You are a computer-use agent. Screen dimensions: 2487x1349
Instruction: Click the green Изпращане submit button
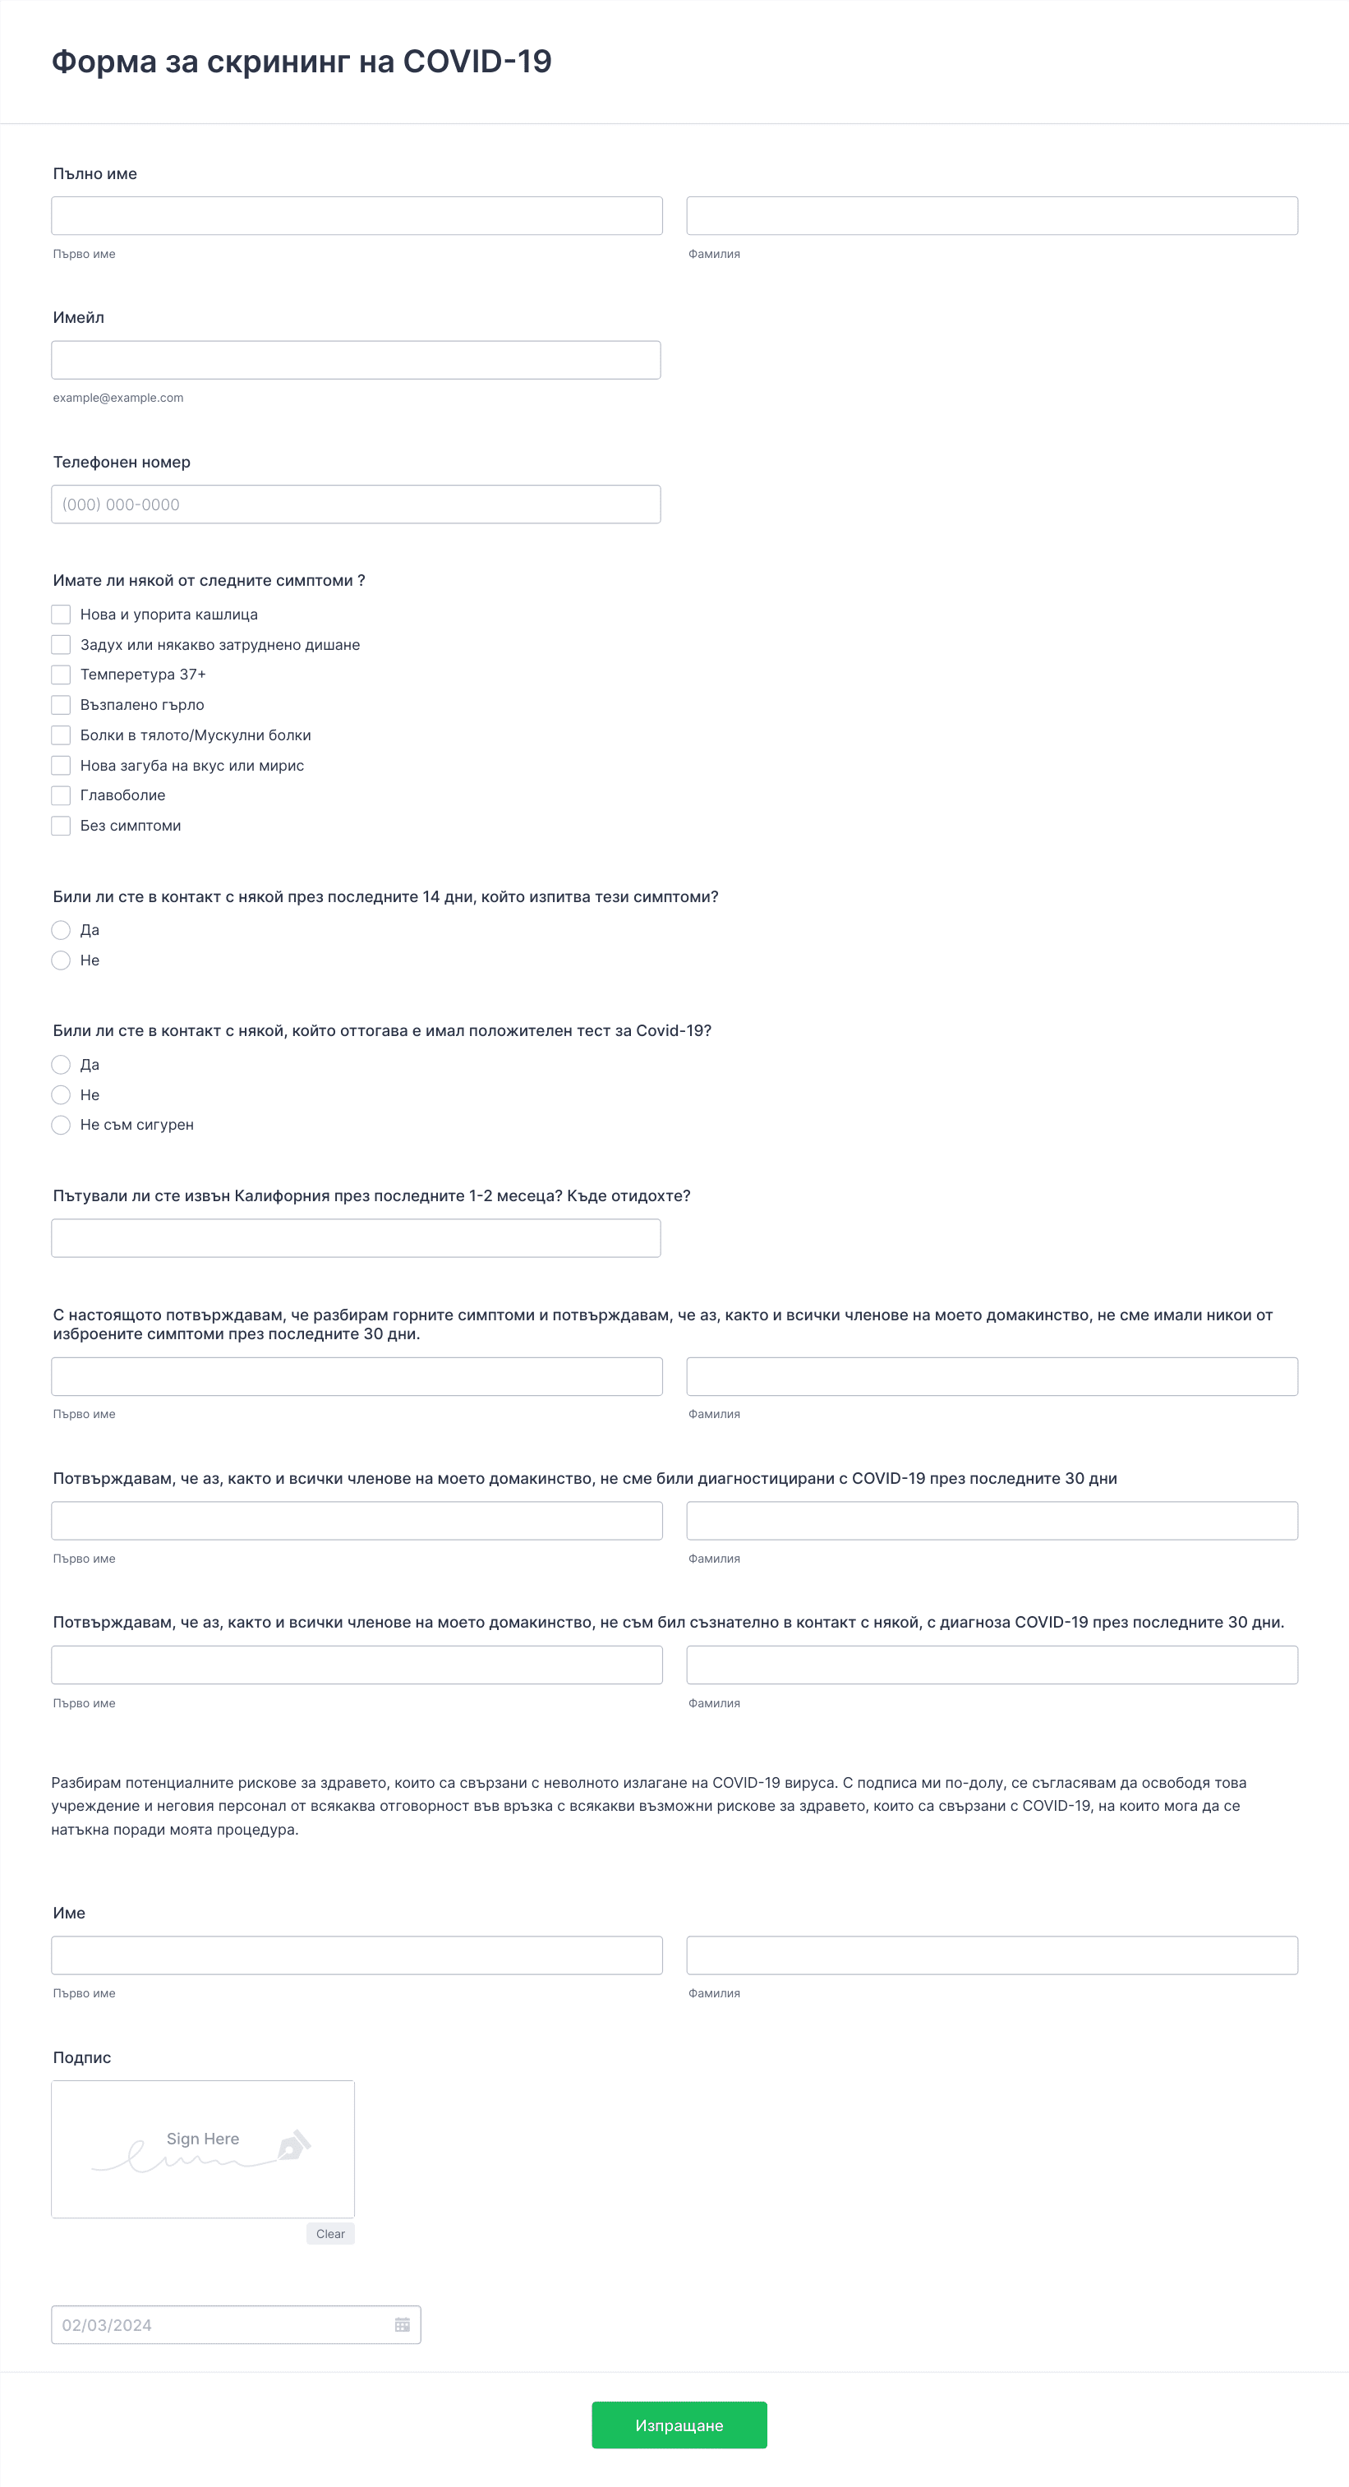pos(679,2425)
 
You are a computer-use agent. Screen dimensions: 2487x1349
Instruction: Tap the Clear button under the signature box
pos(330,2233)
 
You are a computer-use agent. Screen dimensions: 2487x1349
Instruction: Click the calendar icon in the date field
pos(402,2325)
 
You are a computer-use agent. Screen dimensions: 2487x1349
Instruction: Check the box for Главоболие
pos(61,795)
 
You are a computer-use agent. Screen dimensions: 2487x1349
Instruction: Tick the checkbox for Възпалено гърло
pos(61,705)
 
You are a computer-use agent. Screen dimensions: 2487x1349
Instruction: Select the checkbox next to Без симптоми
pos(61,826)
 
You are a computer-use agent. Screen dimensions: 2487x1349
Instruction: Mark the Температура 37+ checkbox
pos(61,674)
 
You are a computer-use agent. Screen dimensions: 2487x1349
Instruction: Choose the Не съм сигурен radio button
pos(61,1125)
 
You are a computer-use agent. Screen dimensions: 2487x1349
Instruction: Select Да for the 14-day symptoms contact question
pos(61,930)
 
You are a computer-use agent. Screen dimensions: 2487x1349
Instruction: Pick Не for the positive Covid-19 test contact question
pos(61,1095)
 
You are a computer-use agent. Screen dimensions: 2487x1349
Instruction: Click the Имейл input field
pos(356,360)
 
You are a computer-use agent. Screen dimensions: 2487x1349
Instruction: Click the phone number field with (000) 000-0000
pos(356,504)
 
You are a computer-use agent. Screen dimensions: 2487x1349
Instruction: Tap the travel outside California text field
pos(356,1237)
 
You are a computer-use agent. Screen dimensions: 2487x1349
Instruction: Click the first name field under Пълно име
pos(357,215)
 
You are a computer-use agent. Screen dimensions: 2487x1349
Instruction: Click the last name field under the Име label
pos(992,1955)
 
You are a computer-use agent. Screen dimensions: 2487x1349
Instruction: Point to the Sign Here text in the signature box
pos(203,2139)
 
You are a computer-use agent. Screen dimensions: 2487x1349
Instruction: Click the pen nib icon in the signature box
pos(293,2145)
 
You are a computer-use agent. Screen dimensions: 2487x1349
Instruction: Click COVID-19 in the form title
pos(477,62)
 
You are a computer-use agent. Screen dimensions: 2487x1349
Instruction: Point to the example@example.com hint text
pos(117,398)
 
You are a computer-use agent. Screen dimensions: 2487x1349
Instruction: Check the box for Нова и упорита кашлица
pos(61,614)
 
